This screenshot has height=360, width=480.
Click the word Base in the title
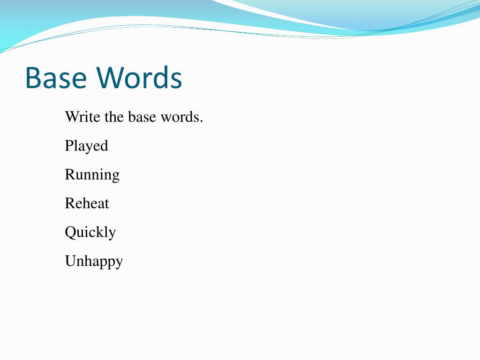point(57,78)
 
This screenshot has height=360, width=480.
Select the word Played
point(86,146)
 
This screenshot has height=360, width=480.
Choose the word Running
point(92,175)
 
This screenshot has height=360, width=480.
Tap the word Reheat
point(87,203)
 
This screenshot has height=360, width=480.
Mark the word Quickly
point(90,232)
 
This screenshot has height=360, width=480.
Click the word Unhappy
point(94,261)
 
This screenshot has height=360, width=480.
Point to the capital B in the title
point(33,78)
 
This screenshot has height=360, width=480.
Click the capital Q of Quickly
point(70,232)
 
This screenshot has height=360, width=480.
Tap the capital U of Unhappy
point(70,261)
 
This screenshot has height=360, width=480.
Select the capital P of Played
point(69,145)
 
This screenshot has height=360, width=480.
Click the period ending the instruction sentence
point(202,120)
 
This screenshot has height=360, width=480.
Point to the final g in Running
point(115,176)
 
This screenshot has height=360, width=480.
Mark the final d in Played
point(104,146)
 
